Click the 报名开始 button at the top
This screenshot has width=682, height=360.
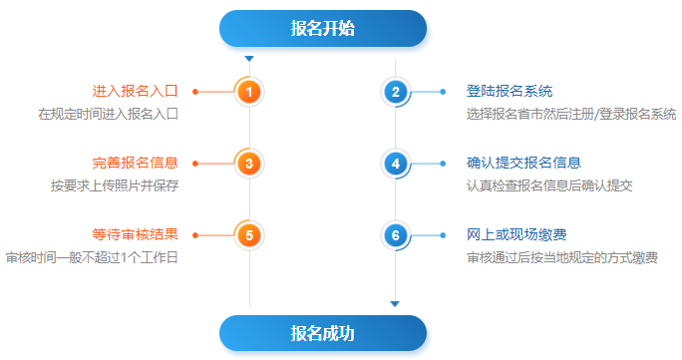click(x=322, y=29)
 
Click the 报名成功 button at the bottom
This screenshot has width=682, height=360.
click(x=322, y=333)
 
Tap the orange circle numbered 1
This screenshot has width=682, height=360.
click(x=249, y=92)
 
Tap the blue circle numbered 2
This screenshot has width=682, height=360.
click(x=396, y=92)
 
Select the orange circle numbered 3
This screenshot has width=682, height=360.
click(x=249, y=163)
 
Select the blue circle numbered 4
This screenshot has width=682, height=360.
click(x=396, y=163)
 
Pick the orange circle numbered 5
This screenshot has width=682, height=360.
click(x=249, y=235)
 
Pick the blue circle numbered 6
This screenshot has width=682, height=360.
click(x=396, y=235)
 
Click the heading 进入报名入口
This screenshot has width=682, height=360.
click(x=135, y=91)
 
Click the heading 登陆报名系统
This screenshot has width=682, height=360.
click(x=510, y=91)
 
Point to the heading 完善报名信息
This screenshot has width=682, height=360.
click(x=135, y=163)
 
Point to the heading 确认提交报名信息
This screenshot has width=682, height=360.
click(x=523, y=163)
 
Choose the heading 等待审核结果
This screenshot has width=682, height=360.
click(x=135, y=235)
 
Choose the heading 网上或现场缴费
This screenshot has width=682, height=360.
click(x=516, y=235)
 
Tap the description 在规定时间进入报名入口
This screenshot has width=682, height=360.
click(x=108, y=114)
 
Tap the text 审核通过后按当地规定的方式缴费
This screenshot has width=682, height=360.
click(x=561, y=258)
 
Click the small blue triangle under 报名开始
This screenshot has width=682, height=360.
click(x=249, y=59)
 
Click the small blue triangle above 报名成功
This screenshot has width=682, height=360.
click(x=395, y=303)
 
